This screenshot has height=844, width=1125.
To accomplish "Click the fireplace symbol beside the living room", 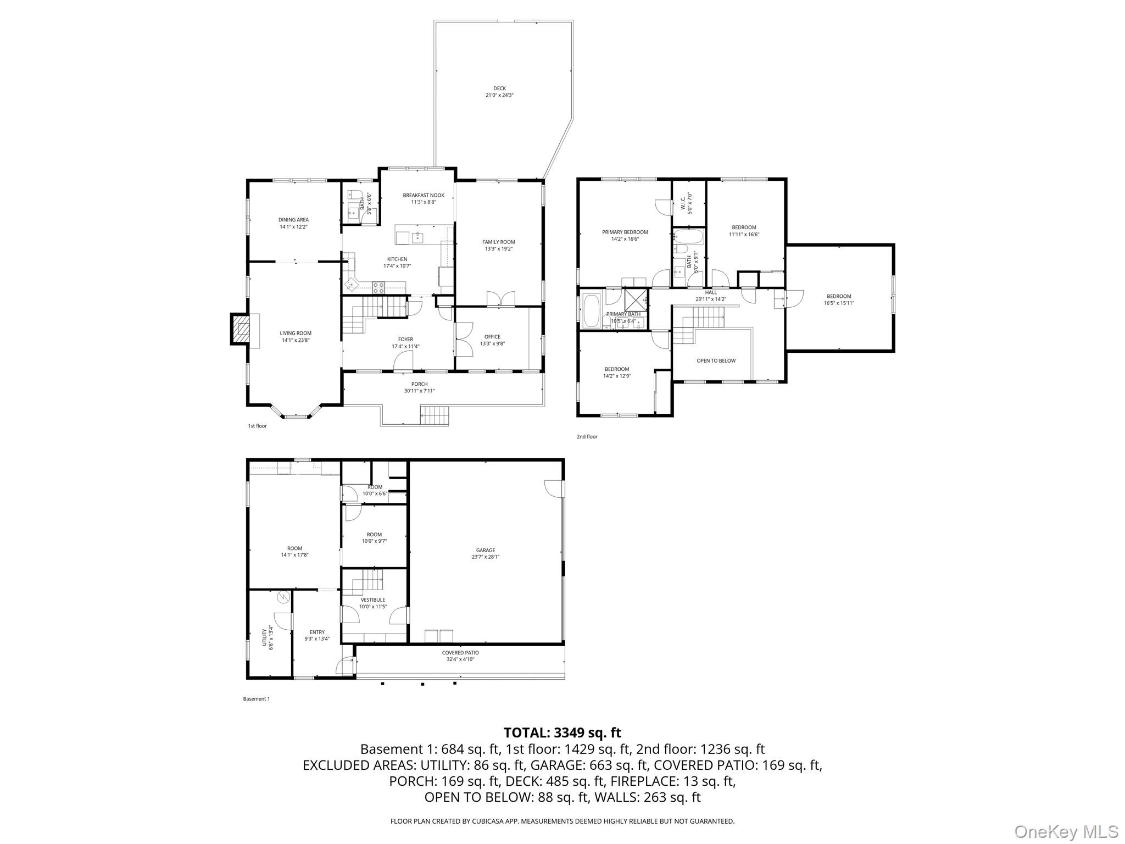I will click(240, 329).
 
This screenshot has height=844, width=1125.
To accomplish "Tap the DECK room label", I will click(499, 88).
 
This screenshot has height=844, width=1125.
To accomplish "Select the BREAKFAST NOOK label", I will click(424, 195).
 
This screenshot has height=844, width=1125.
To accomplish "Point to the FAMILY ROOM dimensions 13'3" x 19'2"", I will click(499, 249).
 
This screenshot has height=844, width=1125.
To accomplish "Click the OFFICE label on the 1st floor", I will click(492, 337).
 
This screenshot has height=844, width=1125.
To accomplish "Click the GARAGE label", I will click(486, 550).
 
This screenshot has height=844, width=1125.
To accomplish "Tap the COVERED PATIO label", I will click(460, 653).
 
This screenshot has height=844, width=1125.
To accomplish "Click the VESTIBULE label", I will click(373, 599).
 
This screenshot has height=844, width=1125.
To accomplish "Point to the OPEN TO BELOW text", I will click(716, 360).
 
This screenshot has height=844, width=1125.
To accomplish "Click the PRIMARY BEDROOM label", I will click(625, 232).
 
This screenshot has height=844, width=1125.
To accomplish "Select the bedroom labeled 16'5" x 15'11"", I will click(839, 299).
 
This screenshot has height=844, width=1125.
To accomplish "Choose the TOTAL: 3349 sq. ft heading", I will click(562, 732).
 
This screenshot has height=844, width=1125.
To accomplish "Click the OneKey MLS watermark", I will click(1066, 831).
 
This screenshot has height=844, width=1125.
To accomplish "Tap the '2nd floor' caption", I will click(587, 437).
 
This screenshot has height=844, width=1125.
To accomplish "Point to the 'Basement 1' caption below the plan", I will click(257, 699).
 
